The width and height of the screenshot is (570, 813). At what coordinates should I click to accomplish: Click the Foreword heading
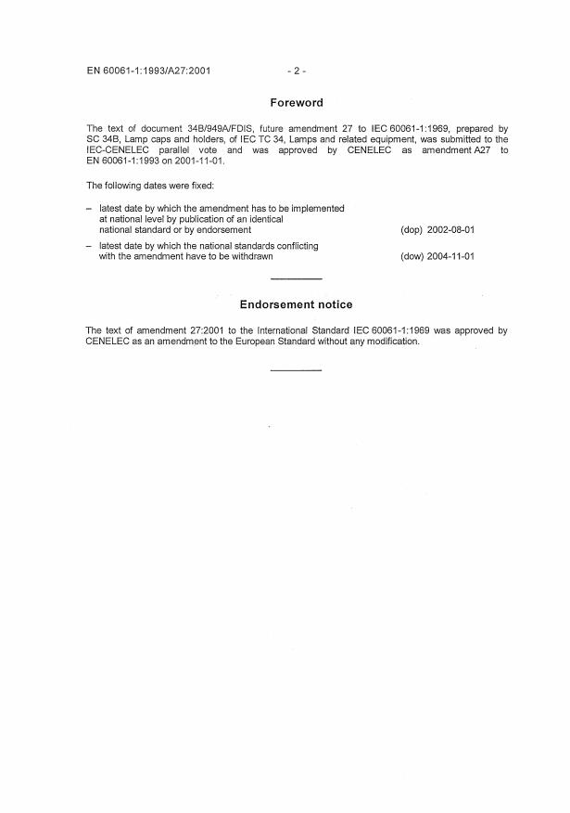(x=297, y=103)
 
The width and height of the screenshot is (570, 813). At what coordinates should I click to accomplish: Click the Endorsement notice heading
(x=296, y=304)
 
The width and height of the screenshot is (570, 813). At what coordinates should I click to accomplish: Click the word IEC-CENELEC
(x=117, y=150)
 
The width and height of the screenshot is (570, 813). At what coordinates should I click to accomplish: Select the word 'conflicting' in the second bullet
(x=297, y=246)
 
